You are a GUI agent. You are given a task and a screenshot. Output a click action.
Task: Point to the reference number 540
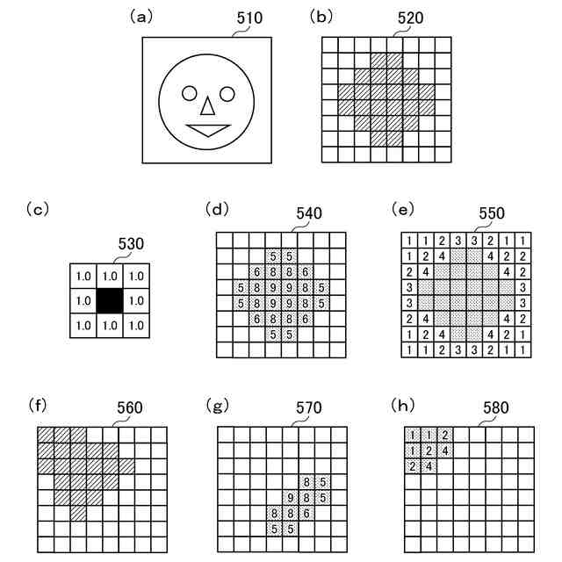308,213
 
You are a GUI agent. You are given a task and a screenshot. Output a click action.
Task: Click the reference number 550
492,213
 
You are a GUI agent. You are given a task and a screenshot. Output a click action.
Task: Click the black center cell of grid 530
109,299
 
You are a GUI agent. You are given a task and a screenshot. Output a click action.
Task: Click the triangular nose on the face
207,106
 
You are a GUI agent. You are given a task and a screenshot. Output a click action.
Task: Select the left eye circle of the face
190,93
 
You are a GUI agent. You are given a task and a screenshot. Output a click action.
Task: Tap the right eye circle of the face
227,93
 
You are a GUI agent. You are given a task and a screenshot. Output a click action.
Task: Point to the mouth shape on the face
208,130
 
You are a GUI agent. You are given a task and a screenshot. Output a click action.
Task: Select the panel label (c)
37,208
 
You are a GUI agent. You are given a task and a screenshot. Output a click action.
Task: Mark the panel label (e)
402,208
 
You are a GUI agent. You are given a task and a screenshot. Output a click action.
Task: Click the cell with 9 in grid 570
291,497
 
